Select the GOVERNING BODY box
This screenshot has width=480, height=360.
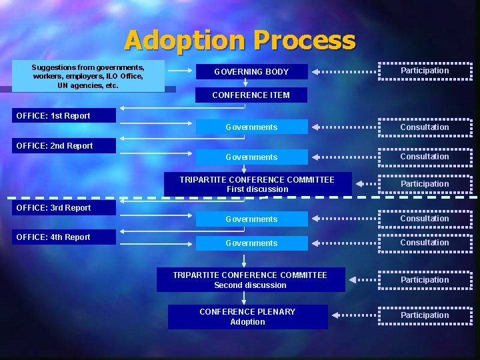[x=251, y=71]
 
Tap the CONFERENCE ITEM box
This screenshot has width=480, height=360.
[x=251, y=95]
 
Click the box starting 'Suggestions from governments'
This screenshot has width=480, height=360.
[x=88, y=77]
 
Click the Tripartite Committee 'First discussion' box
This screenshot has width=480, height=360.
[x=257, y=184]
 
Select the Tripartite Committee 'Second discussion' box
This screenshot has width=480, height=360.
[x=251, y=280]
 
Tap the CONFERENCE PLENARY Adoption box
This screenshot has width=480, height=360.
[x=247, y=317]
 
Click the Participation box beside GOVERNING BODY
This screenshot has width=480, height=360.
[x=425, y=71]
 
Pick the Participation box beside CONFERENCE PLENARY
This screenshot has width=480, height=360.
[x=425, y=315]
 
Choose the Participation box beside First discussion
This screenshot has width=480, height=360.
[x=425, y=184]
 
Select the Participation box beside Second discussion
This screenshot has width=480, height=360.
[x=425, y=280]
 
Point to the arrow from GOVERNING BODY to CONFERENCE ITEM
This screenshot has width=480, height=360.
[x=245, y=83]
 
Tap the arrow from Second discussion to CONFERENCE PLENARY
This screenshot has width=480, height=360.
[x=244, y=298]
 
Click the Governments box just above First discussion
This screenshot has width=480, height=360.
[x=251, y=157]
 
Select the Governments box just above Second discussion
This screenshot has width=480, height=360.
[x=251, y=243]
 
